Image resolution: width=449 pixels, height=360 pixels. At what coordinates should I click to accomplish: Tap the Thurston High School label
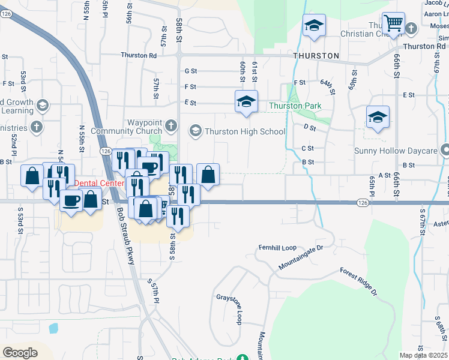(244, 131)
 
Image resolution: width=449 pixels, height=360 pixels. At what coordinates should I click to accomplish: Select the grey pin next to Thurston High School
(195, 130)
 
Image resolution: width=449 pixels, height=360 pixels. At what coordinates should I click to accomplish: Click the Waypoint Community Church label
(127, 127)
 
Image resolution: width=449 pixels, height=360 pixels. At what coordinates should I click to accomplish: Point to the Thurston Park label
(295, 106)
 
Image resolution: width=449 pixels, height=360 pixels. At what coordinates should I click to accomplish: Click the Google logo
(20, 352)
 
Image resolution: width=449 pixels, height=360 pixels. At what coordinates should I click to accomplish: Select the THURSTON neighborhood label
(316, 56)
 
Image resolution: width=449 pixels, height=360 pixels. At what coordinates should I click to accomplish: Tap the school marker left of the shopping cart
(314, 26)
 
